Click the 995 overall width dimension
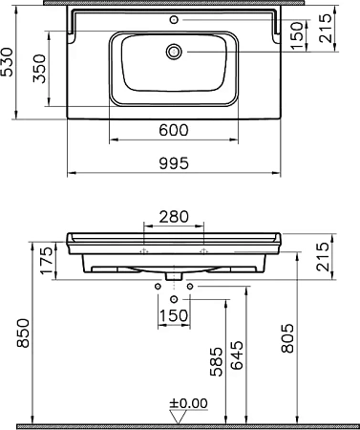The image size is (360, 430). pos(173,163)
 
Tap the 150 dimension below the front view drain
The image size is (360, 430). pos(173,314)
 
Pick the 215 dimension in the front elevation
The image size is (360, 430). pos(326,257)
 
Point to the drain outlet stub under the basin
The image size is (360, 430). pos(173,276)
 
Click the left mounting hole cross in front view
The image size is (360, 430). pos(142,250)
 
